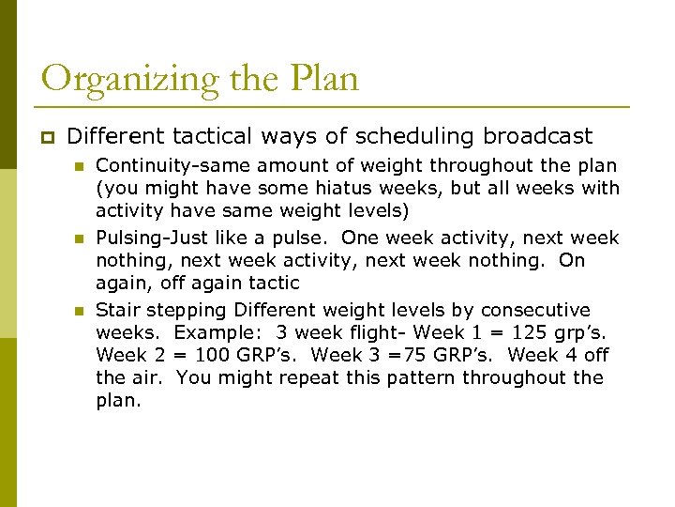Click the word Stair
[x=117, y=310]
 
